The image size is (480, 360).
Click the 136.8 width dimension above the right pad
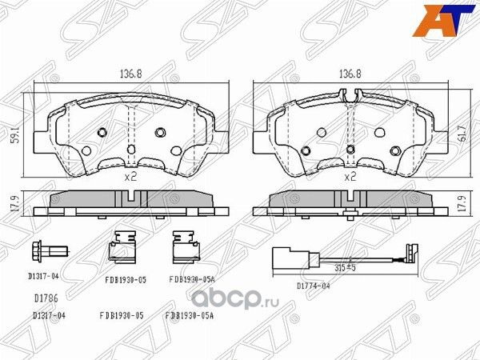346,74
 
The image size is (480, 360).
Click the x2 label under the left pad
132,177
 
